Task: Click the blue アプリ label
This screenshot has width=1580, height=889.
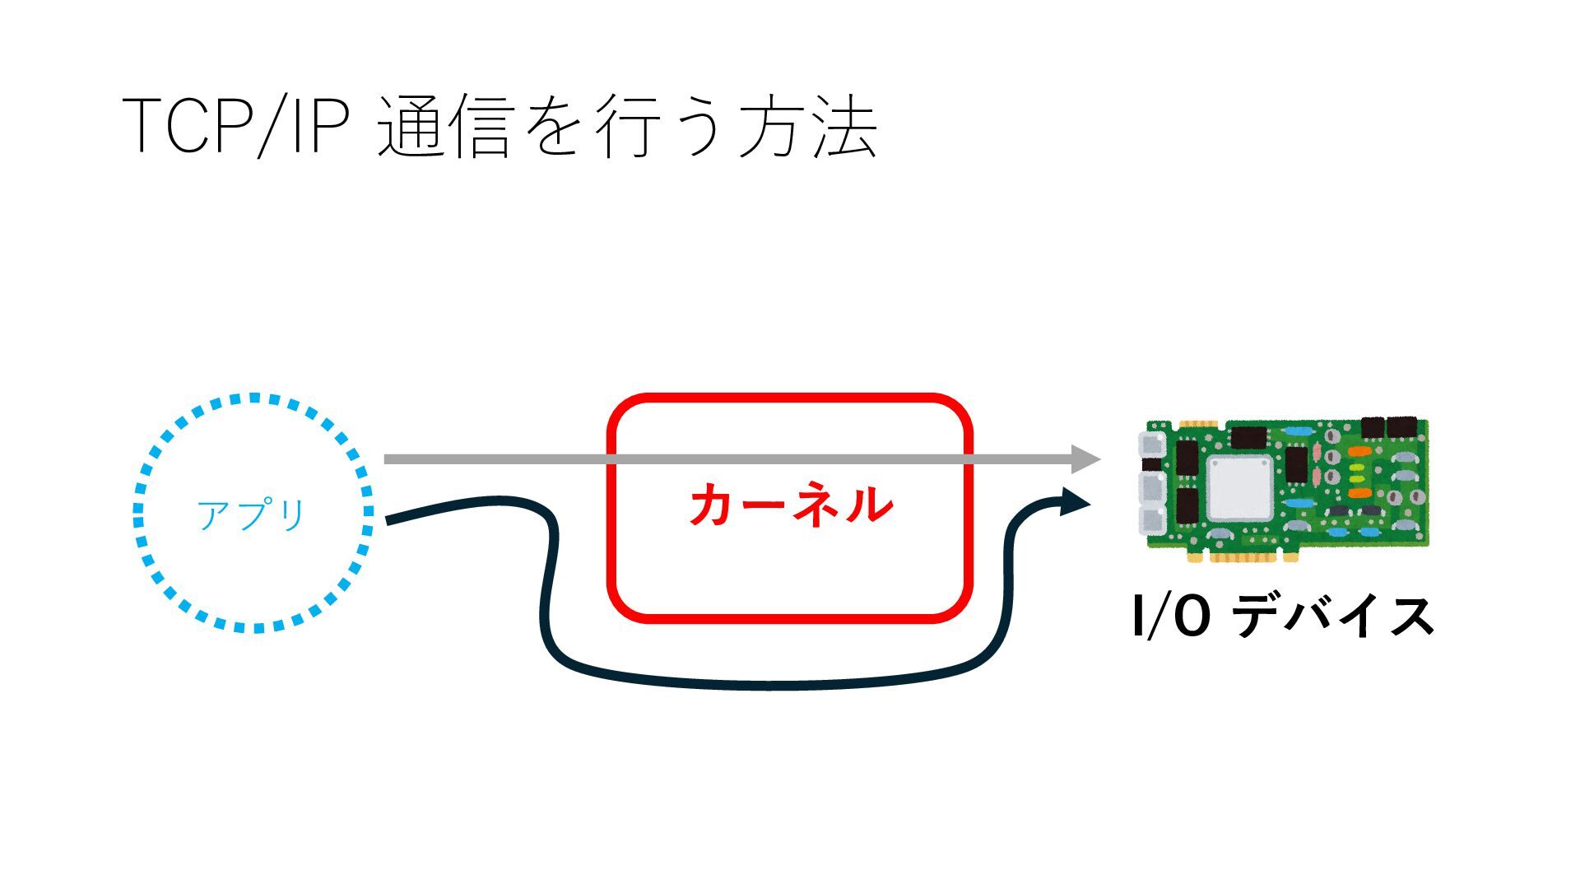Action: [x=252, y=515]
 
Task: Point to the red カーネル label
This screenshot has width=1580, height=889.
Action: [x=791, y=505]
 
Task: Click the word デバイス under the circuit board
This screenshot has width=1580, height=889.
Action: [x=1334, y=617]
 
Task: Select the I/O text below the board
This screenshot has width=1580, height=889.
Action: [x=1171, y=617]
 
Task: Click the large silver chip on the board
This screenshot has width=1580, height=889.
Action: [x=1238, y=487]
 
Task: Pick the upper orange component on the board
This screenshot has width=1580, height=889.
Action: [x=1359, y=452]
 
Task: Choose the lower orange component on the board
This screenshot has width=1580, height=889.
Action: [x=1359, y=493]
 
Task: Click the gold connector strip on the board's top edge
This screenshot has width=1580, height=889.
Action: [x=1197, y=425]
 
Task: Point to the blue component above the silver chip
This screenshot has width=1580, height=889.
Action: [x=1298, y=431]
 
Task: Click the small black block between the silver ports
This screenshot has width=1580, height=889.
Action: [x=1152, y=465]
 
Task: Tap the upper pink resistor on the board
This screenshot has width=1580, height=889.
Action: [x=1317, y=452]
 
